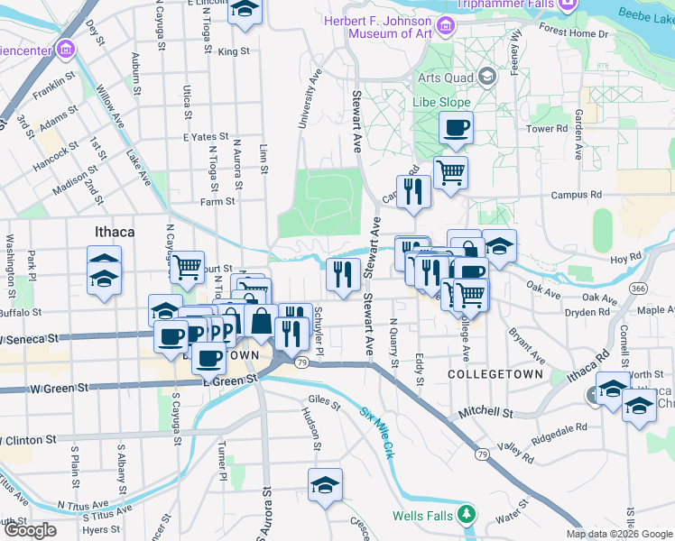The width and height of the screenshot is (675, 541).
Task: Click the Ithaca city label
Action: point(115,232)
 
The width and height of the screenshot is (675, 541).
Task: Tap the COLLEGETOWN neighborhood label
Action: point(495,373)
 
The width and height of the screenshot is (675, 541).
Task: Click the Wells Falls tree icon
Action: point(467,515)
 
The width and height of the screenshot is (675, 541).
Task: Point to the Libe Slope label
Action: point(441,103)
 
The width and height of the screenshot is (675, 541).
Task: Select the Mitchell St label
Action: point(486,411)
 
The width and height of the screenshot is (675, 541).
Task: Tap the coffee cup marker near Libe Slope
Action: point(456,129)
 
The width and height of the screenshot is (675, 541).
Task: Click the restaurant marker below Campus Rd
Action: point(413,193)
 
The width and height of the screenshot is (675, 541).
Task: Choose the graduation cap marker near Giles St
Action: point(325,486)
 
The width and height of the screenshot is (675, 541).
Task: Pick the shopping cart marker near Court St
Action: point(187,267)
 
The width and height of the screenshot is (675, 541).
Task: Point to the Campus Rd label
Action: point(576,194)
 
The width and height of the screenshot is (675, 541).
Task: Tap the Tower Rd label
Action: point(547,129)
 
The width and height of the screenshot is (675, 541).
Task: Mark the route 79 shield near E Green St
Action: point(303,362)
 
